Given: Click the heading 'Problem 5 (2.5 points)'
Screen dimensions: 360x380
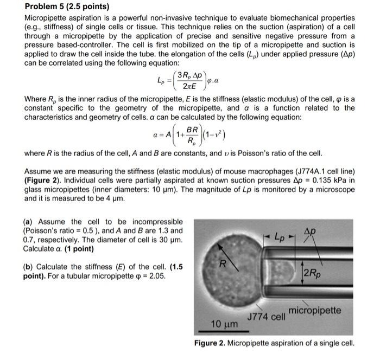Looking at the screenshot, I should click(67, 7).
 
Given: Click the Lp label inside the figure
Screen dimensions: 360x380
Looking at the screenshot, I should click(281, 237).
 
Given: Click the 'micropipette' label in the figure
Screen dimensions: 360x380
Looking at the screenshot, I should click(315, 310).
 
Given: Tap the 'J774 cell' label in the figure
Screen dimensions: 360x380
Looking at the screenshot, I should click(266, 316).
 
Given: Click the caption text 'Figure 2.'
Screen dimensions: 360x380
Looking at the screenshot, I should click(211, 343).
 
